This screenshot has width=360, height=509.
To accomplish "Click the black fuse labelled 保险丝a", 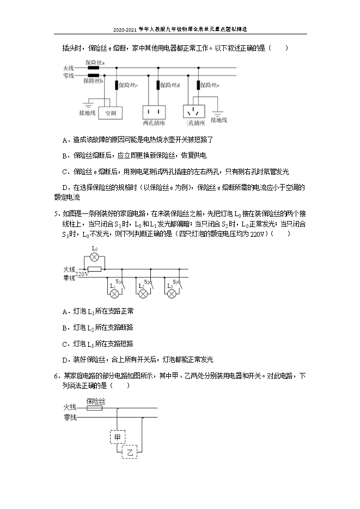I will [x=93, y=69].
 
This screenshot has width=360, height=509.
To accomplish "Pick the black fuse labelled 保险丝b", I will [x=93, y=76].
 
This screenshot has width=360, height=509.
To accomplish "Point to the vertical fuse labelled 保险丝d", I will [x=158, y=85].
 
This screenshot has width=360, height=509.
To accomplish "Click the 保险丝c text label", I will [x=129, y=85].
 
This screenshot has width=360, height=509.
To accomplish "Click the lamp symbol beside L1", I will [x=114, y=293].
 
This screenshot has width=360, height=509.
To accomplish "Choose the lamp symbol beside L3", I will [x=172, y=293].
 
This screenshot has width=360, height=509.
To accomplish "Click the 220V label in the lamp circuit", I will [x=82, y=274].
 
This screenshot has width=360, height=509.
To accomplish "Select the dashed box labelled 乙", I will [x=130, y=452].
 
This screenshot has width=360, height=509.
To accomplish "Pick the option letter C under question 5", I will [x=65, y=344].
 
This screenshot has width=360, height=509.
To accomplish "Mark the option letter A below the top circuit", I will [x=65, y=140].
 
